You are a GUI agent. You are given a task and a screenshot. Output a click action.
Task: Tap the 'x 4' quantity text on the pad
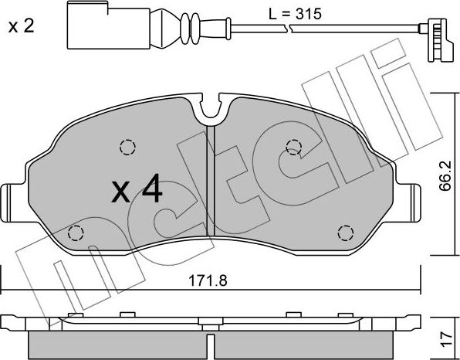[137, 190]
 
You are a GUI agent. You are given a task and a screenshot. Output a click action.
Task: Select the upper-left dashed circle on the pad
[127, 147]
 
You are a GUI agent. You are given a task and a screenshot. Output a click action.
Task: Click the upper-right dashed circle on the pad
[293, 147]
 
